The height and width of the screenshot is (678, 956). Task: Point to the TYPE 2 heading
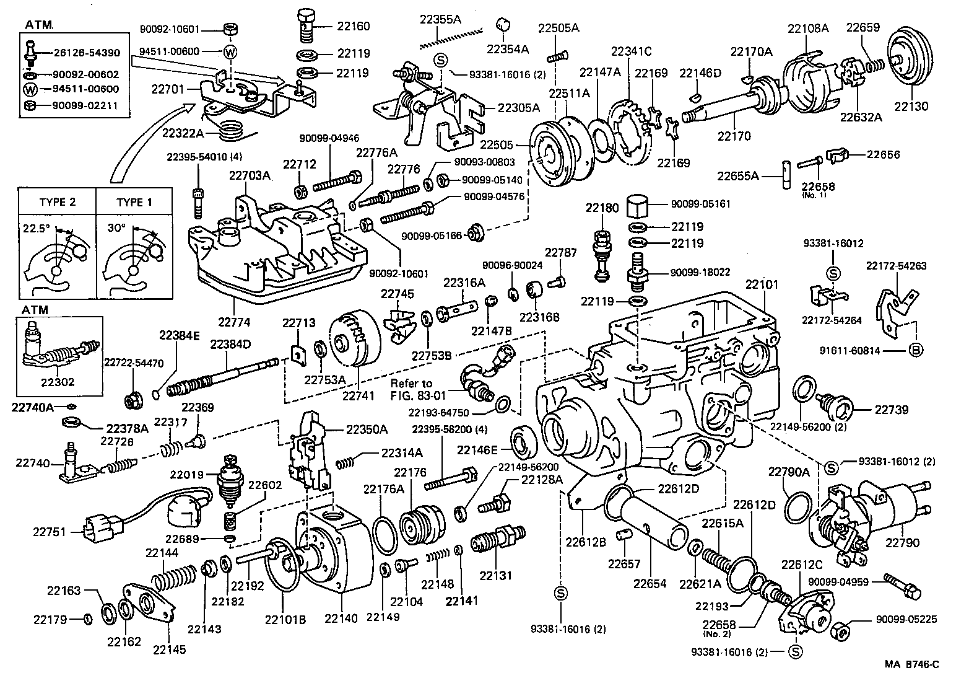(57, 203)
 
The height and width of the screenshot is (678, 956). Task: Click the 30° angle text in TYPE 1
(116, 227)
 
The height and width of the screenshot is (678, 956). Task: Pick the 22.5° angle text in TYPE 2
(35, 227)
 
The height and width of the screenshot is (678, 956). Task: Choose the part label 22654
(650, 583)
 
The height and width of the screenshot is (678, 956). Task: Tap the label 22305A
(519, 108)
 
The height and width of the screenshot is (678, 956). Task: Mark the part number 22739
(891, 410)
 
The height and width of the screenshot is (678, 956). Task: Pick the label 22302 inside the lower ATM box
(56, 382)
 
